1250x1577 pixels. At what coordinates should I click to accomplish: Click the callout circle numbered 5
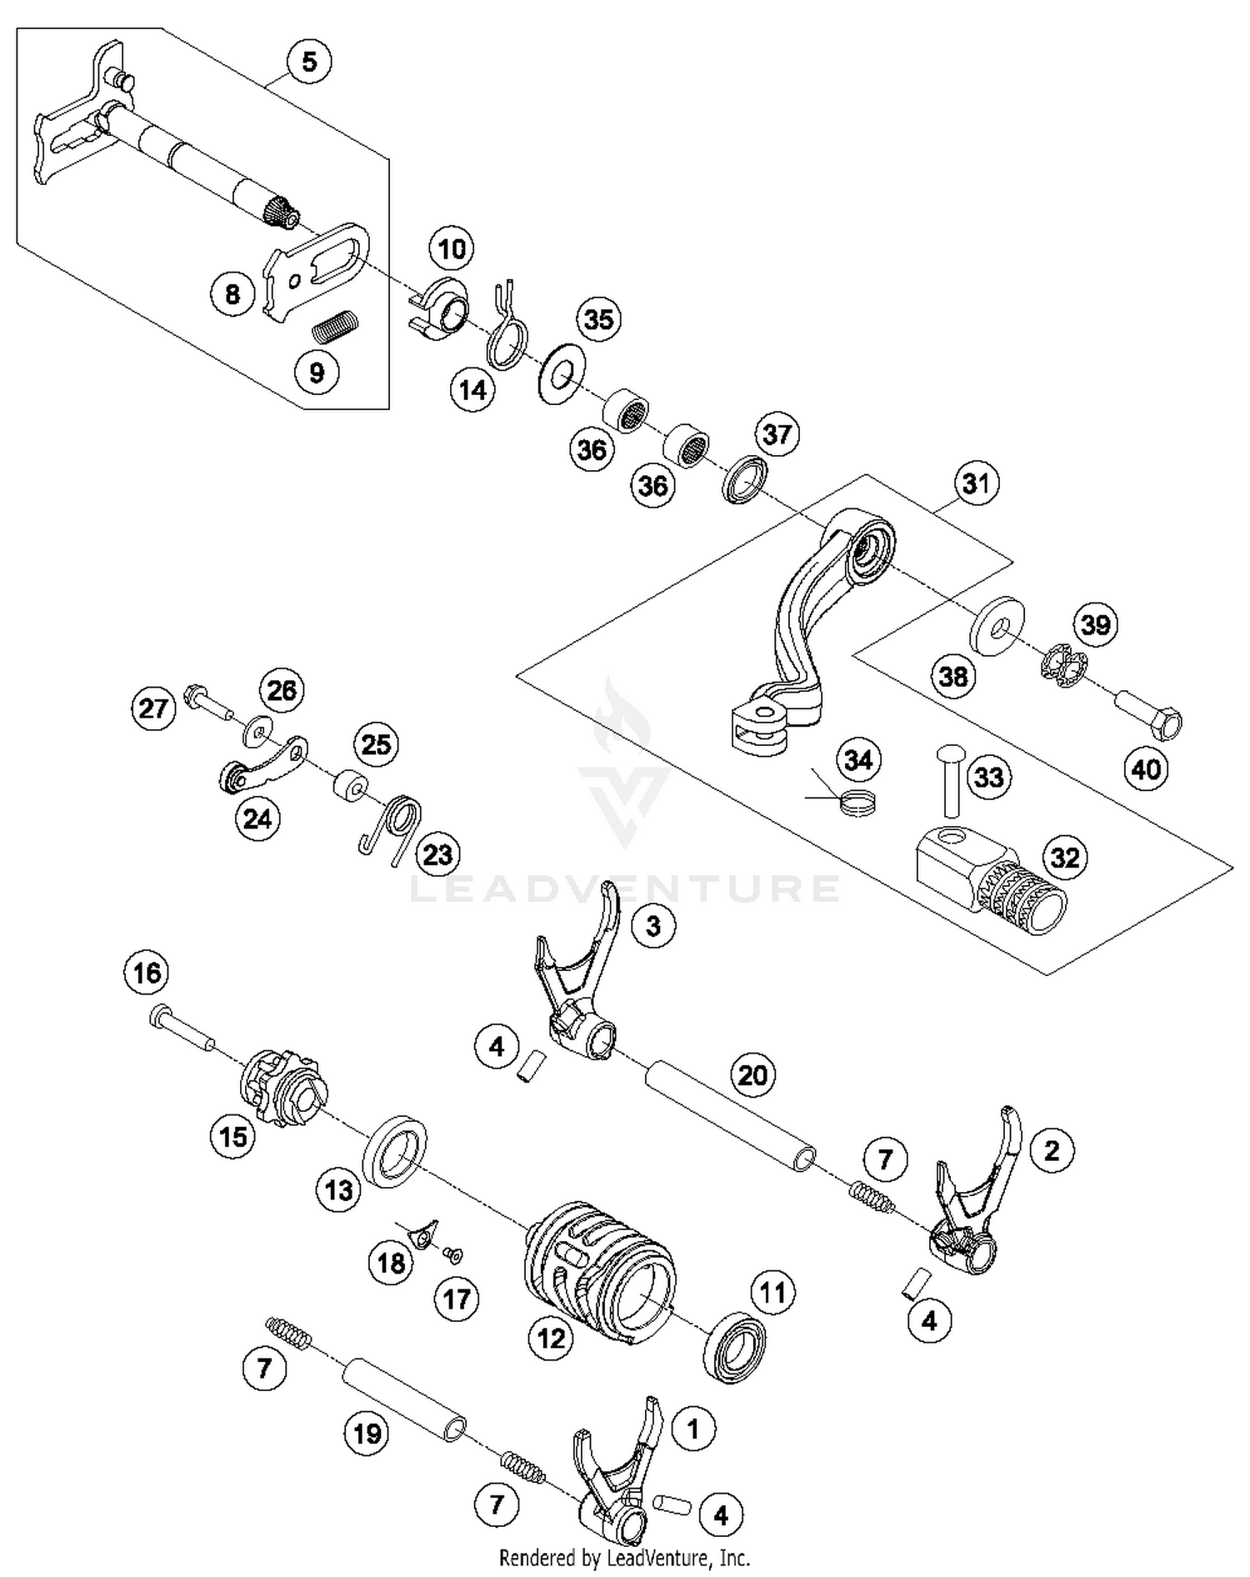pos(308,61)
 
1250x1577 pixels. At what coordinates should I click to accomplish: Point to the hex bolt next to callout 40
pos(1150,714)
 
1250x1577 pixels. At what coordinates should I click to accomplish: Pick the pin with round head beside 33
pos(949,780)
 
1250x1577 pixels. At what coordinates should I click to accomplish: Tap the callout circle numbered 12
pos(551,1339)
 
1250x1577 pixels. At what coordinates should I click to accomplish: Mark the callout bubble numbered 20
pos(752,1075)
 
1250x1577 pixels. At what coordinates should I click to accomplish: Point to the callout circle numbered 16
pos(147,972)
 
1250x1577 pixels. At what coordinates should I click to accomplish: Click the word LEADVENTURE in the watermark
pos(625,889)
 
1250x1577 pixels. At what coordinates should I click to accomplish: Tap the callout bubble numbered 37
pos(777,433)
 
